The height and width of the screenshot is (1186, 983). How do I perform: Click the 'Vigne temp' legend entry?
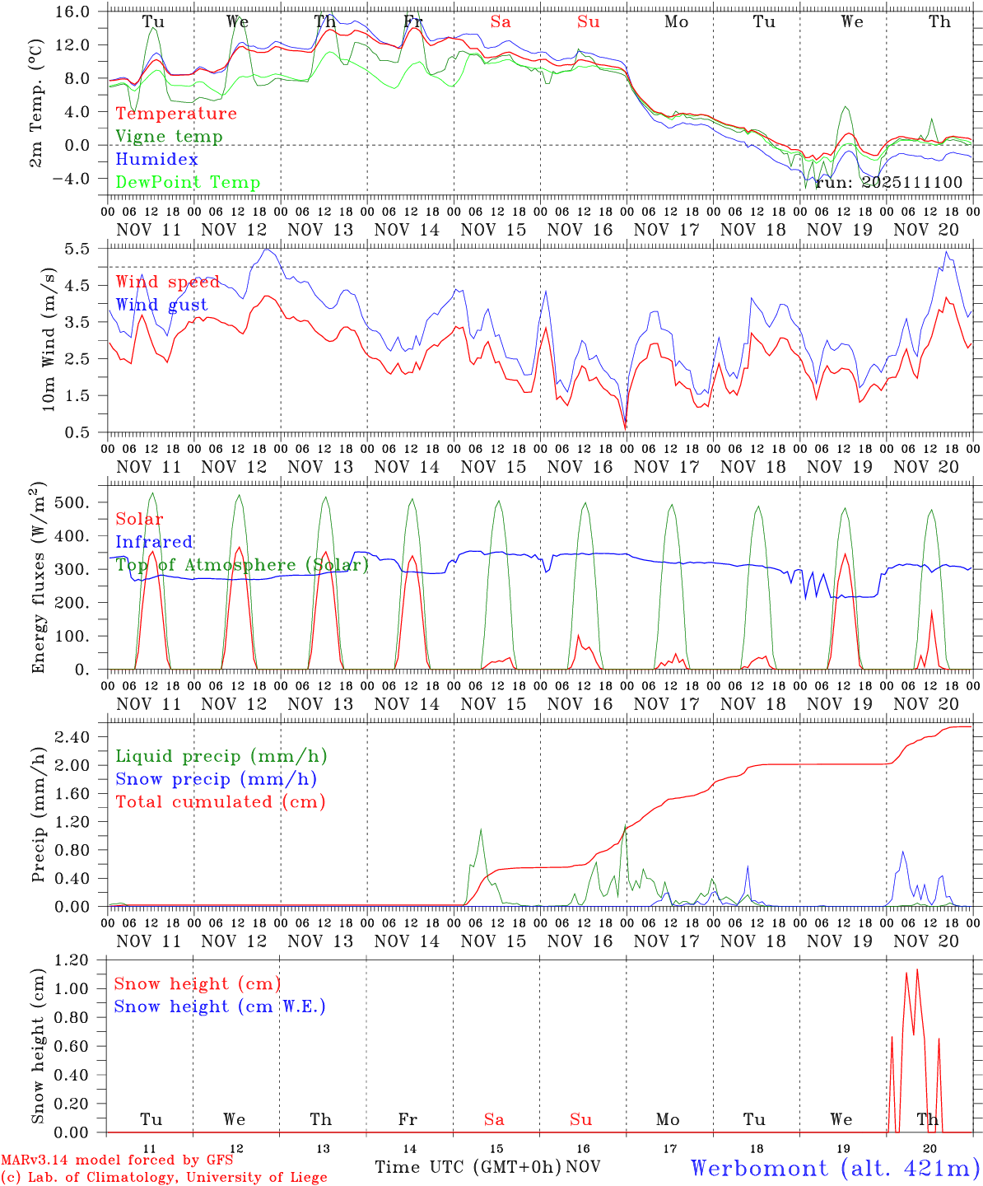169,137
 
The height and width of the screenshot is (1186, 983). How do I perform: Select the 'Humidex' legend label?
156,160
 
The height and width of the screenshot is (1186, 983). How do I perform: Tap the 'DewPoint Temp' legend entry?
188,183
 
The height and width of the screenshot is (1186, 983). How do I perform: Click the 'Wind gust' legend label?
161,305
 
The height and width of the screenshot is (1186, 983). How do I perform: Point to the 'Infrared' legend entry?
154,542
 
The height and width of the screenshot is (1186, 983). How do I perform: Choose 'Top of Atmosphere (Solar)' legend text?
241,565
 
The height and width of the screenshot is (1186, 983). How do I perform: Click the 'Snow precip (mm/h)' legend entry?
216,779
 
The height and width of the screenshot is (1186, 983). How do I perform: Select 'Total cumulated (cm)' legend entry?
220,802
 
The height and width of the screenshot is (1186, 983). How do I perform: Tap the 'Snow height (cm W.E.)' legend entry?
219,1006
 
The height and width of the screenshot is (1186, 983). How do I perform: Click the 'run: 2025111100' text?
888,183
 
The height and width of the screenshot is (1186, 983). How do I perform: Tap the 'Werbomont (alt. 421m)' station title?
834,1168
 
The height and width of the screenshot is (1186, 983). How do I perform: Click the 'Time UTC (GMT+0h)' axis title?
468,1167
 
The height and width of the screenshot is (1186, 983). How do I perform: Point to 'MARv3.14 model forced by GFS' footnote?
116,1160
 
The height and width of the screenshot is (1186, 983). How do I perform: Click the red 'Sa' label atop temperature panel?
501,22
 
